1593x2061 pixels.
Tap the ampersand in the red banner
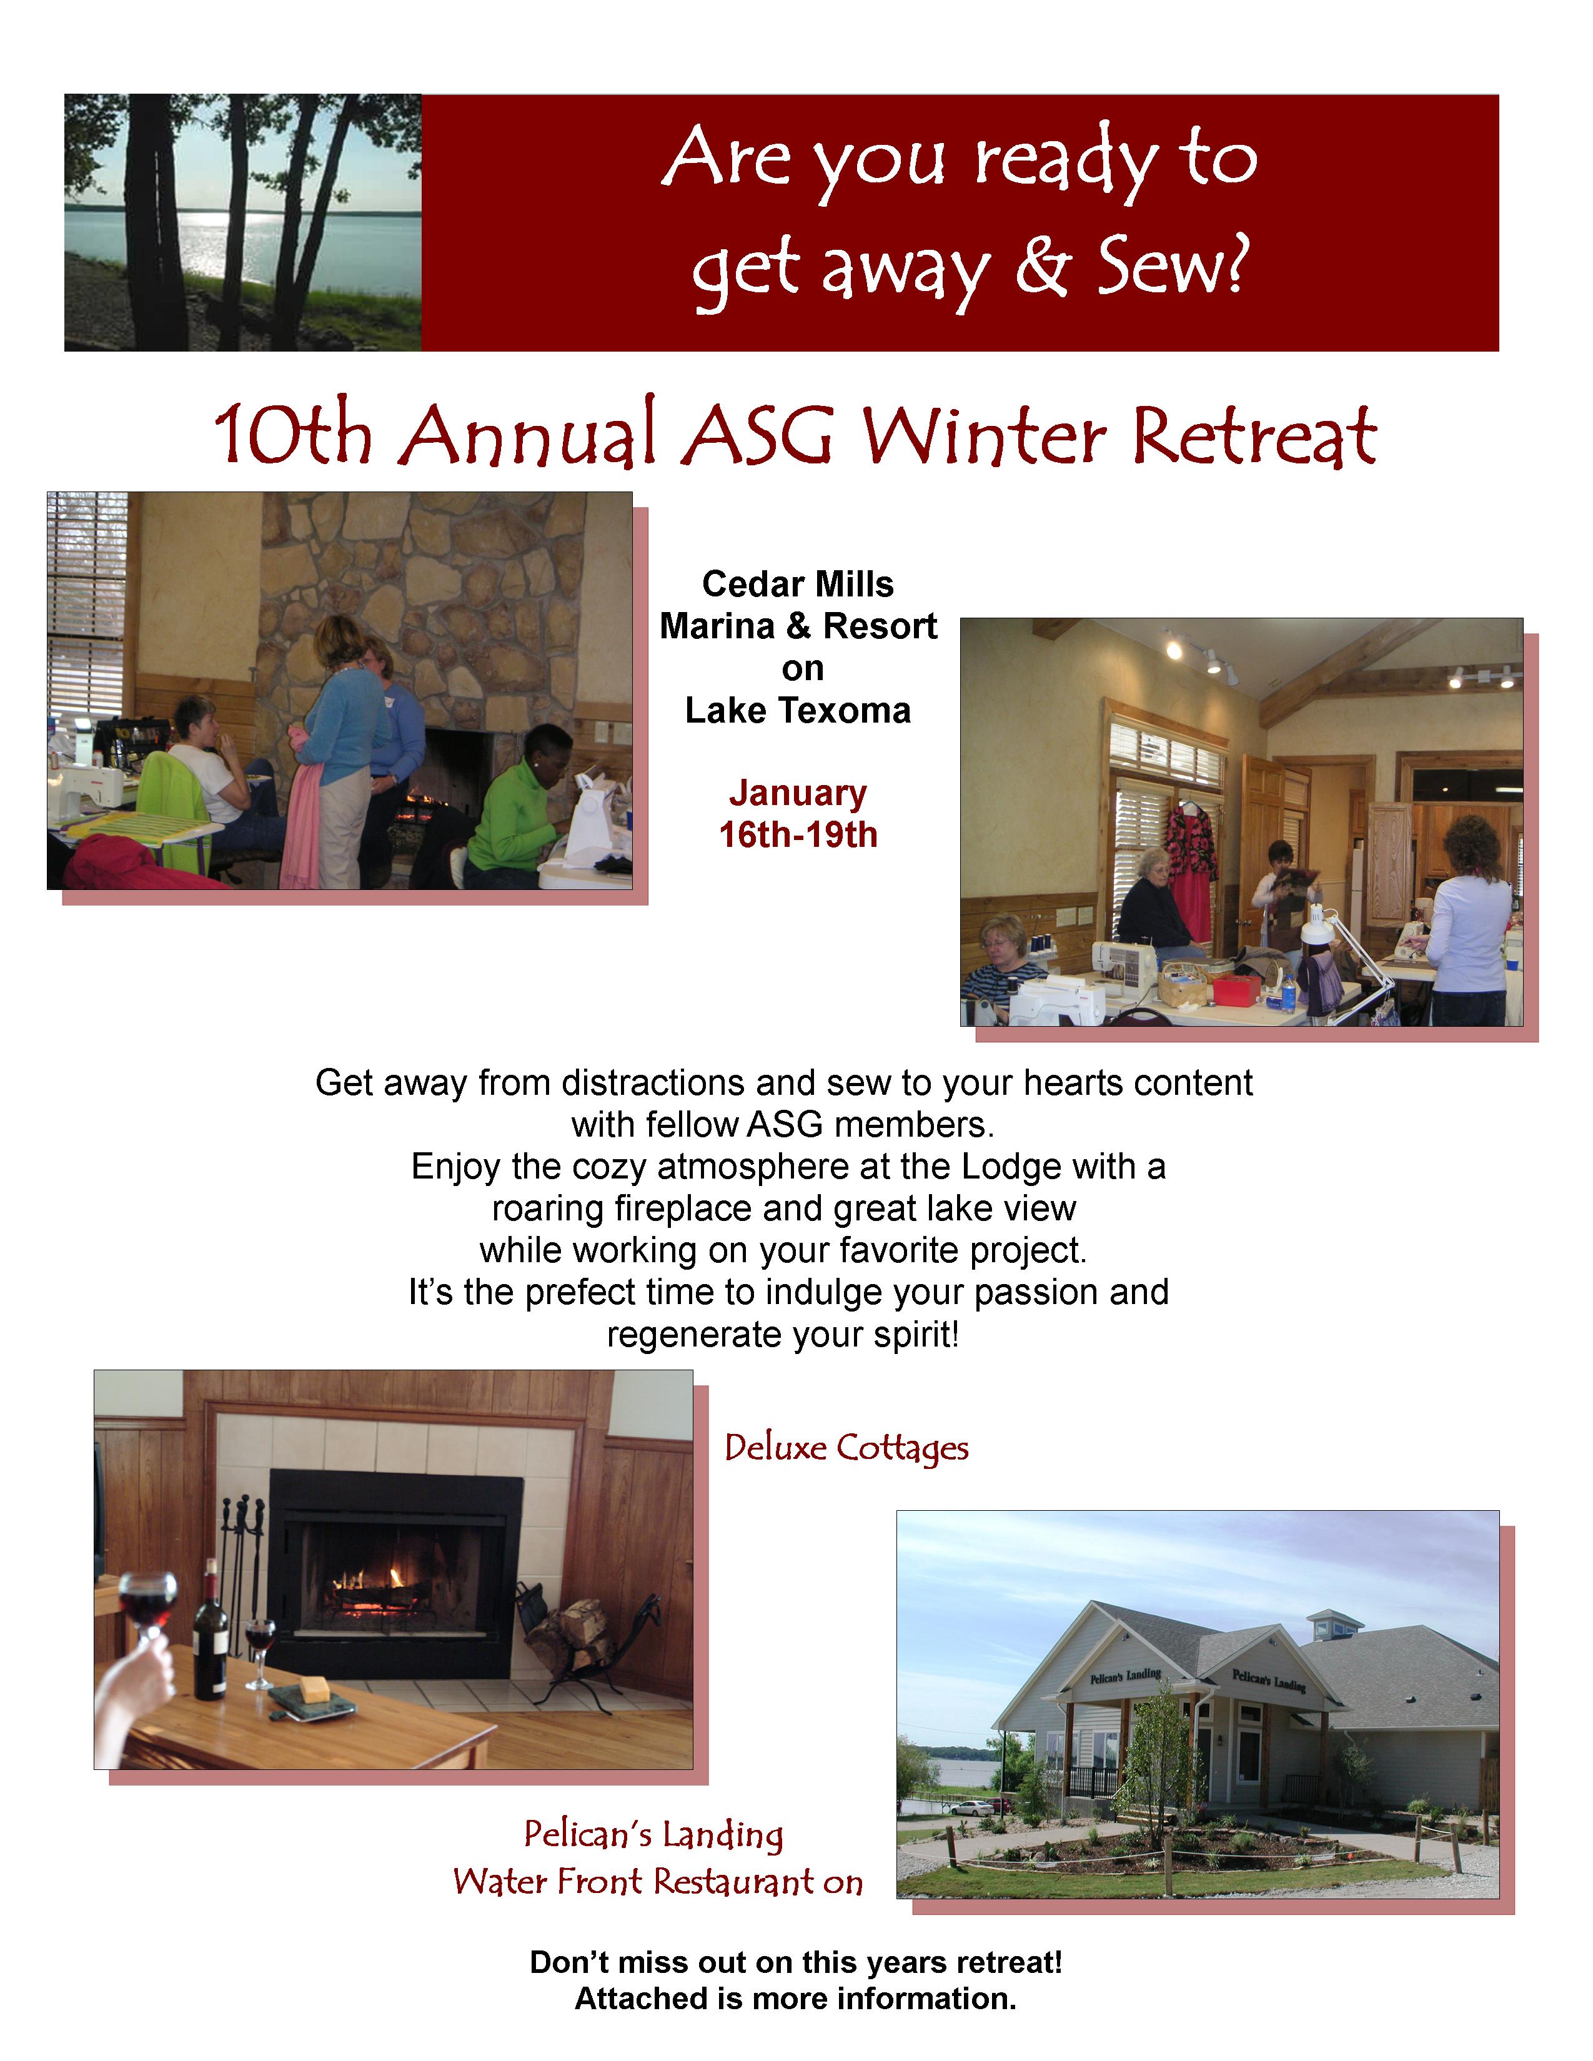[x=1043, y=267]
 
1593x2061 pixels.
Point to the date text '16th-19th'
[x=798, y=835]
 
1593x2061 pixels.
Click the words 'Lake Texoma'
[x=798, y=711]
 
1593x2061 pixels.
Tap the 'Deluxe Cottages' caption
[x=846, y=1448]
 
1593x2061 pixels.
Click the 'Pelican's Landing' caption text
[x=654, y=1834]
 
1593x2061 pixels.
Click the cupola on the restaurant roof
[x=1334, y=1623]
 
